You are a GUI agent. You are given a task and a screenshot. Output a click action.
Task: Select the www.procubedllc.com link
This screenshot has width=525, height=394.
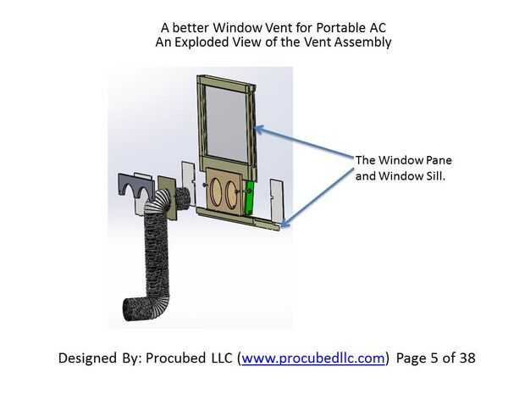click(314, 358)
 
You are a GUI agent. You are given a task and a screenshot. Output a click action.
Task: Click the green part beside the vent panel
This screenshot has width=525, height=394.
click(249, 196)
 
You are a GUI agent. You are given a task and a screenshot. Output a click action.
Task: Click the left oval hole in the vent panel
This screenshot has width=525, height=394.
click(217, 195)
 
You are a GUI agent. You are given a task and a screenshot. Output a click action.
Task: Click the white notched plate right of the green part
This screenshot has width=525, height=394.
click(276, 195)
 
